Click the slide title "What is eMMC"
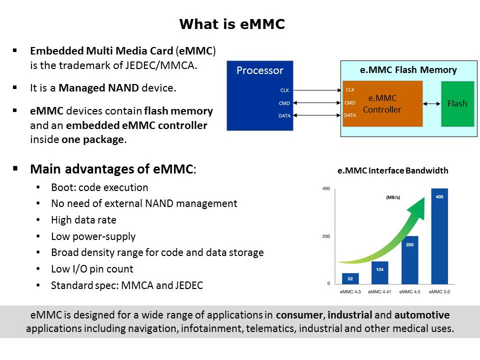232,24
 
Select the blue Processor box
260,95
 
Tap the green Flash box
457,104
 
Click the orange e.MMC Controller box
382,104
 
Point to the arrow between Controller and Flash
431,104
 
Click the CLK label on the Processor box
284,90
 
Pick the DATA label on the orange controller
350,115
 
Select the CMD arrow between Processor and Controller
317,103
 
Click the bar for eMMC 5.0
439,236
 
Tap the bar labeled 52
350,278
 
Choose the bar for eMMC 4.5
410,260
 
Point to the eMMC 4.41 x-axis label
379,291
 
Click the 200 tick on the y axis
326,236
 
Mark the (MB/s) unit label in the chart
393,197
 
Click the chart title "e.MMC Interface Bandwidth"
393,170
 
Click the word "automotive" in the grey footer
422,314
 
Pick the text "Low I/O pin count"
92,269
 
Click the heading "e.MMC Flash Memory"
408,70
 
